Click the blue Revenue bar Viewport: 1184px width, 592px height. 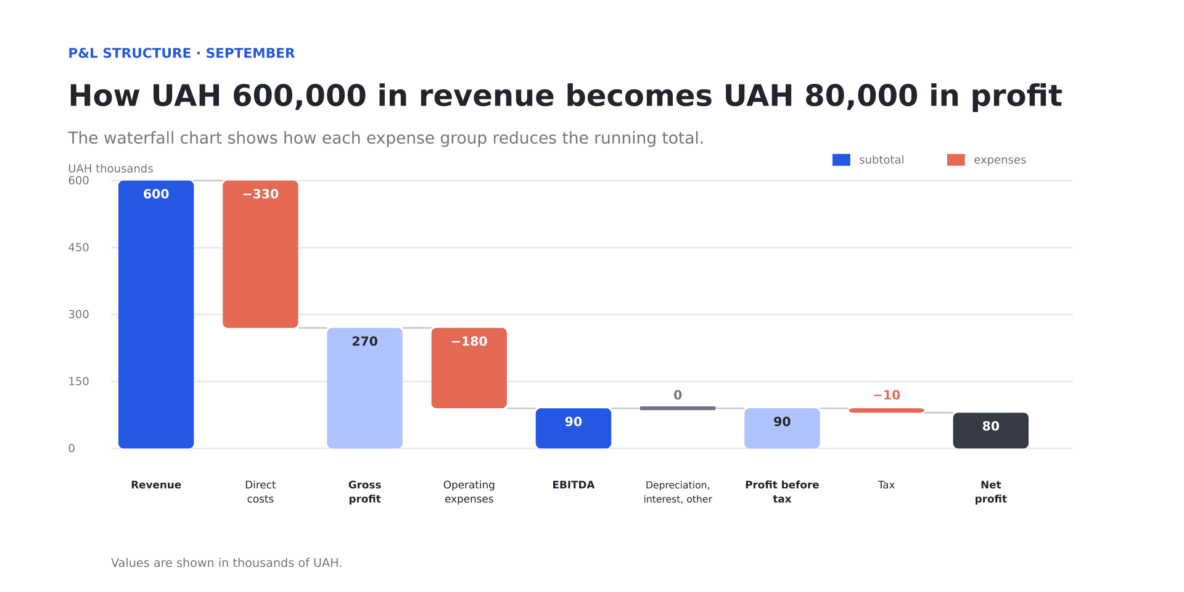pyautogui.click(x=156, y=314)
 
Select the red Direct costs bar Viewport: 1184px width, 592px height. pyautogui.click(x=260, y=254)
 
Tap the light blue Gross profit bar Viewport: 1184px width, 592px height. pyautogui.click(x=364, y=388)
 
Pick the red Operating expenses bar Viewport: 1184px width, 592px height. pyautogui.click(x=469, y=368)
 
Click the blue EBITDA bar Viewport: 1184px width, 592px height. pyautogui.click(x=573, y=428)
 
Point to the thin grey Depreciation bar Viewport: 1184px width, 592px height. pyautogui.click(x=678, y=408)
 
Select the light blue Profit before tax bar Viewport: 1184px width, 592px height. pyautogui.click(x=782, y=428)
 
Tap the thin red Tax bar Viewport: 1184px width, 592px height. pyautogui.click(x=886, y=410)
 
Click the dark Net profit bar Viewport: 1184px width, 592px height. pyautogui.click(x=990, y=430)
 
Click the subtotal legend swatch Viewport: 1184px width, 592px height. pyautogui.click(x=841, y=160)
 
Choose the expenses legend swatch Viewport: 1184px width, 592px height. pyautogui.click(x=956, y=160)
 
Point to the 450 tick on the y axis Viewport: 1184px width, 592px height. pyautogui.click(x=78, y=247)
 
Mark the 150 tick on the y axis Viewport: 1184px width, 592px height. pyautogui.click(x=78, y=381)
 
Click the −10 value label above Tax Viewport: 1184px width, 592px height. pyautogui.click(x=886, y=395)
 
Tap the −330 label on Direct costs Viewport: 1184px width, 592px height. pyautogui.click(x=260, y=194)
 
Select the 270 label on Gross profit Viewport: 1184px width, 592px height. pyautogui.click(x=364, y=341)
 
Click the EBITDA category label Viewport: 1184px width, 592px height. pyautogui.click(x=573, y=485)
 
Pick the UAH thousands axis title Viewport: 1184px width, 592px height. pyautogui.click(x=110, y=168)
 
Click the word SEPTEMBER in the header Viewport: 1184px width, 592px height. pyautogui.click(x=250, y=53)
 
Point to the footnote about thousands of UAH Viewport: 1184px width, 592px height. pyautogui.click(x=226, y=562)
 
